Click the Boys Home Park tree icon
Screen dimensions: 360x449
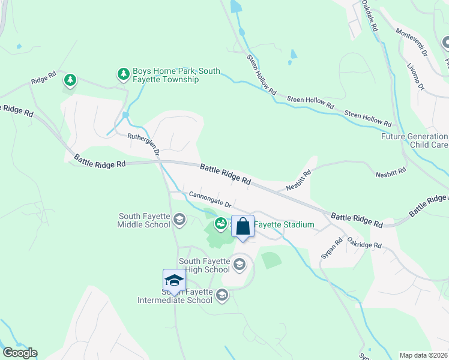pos(124,74)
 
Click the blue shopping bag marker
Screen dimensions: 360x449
pos(243,227)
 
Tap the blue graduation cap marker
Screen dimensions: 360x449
pos(174,281)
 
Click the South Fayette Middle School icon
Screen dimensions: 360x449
pos(178,220)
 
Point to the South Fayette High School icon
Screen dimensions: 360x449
pos(239,265)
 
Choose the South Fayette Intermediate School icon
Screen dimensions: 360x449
pos(222,295)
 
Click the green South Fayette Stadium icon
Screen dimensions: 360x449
pos(221,224)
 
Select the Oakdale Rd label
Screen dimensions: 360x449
pos(370,16)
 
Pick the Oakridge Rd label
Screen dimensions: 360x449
pos(364,242)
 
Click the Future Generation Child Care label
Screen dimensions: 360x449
pos(415,140)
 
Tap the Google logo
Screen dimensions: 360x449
pos(19,353)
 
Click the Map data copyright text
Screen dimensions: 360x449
pos(423,355)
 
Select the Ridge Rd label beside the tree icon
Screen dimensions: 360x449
pos(44,78)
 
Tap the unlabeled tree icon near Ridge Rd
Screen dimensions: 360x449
pos(70,80)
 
